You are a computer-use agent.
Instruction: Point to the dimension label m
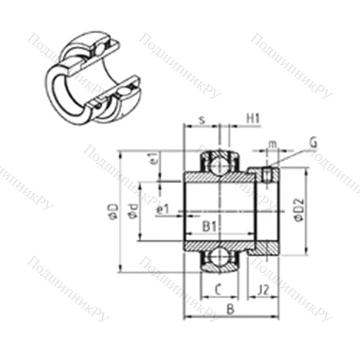click(271, 147)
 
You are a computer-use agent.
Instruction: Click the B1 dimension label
click(210, 227)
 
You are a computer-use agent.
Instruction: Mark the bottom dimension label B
click(229, 310)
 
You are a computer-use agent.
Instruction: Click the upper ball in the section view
click(217, 163)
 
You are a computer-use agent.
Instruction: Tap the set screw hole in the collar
click(268, 174)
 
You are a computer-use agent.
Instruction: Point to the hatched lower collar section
click(263, 248)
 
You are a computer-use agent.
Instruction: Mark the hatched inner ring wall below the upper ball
click(217, 176)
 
